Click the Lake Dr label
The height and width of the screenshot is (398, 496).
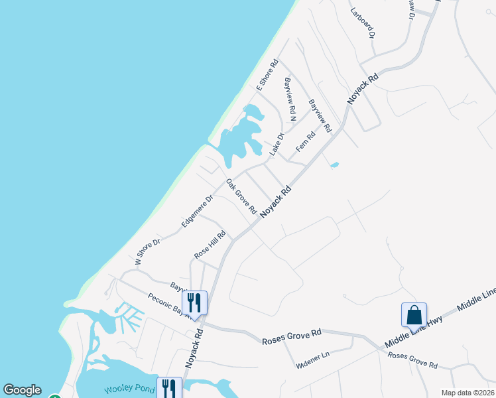pos(277,145)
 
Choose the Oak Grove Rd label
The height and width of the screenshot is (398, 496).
pos(241,196)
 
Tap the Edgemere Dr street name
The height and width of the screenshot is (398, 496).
pos(198,212)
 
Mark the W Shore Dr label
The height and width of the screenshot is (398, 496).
pos(148,252)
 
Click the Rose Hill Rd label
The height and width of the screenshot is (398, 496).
pos(210,245)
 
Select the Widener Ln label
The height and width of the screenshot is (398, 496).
pos(312,357)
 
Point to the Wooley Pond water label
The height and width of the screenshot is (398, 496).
pos(128,390)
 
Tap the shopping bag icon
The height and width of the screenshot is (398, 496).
pos(414,315)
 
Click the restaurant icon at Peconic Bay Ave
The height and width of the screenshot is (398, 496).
pos(194,302)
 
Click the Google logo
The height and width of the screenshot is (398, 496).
pos(22,390)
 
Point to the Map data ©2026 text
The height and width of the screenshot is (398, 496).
pos(467,393)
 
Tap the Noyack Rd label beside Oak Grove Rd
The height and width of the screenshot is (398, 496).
pos(276,202)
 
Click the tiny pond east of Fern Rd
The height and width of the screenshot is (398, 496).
pos(334,165)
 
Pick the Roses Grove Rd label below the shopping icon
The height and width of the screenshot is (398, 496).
pos(412,360)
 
